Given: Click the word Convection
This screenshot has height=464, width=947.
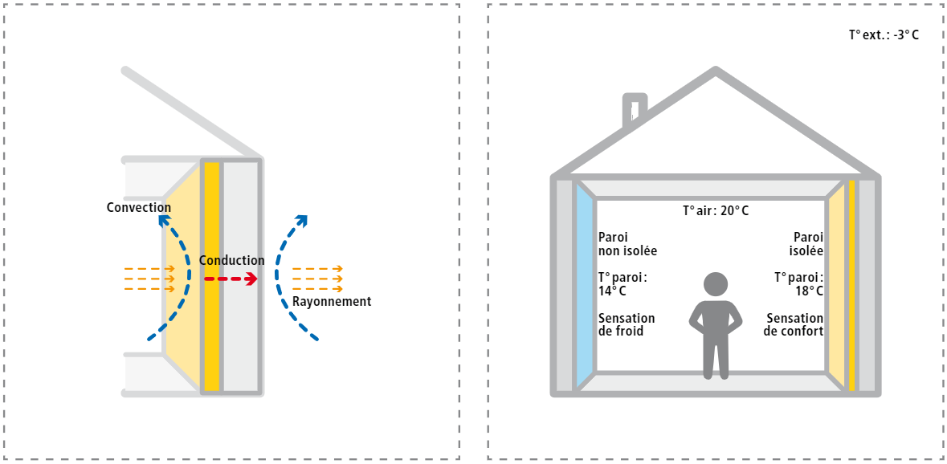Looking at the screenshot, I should point(138,208).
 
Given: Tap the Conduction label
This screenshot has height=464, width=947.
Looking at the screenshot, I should point(231,261).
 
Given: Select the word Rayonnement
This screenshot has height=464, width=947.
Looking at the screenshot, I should point(331,302).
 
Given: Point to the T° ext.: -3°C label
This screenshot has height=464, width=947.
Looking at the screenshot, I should point(884,35).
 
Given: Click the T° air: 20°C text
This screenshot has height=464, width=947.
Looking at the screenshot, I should point(715,211).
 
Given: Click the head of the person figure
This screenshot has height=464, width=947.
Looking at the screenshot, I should point(715,283).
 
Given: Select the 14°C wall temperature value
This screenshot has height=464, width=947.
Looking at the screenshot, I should point(612,291).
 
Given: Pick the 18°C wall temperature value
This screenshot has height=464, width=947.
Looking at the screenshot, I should point(809,291).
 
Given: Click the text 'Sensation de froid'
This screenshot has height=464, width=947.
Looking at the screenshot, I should point(627,324).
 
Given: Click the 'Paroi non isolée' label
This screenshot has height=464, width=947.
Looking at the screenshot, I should point(627,244).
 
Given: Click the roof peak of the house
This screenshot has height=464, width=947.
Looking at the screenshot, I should point(714,72).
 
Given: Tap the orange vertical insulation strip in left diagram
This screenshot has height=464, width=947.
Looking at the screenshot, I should point(212,276).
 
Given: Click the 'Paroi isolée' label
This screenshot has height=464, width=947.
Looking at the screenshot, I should point(806,244).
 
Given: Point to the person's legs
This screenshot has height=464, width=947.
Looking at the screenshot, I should point(715,357).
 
